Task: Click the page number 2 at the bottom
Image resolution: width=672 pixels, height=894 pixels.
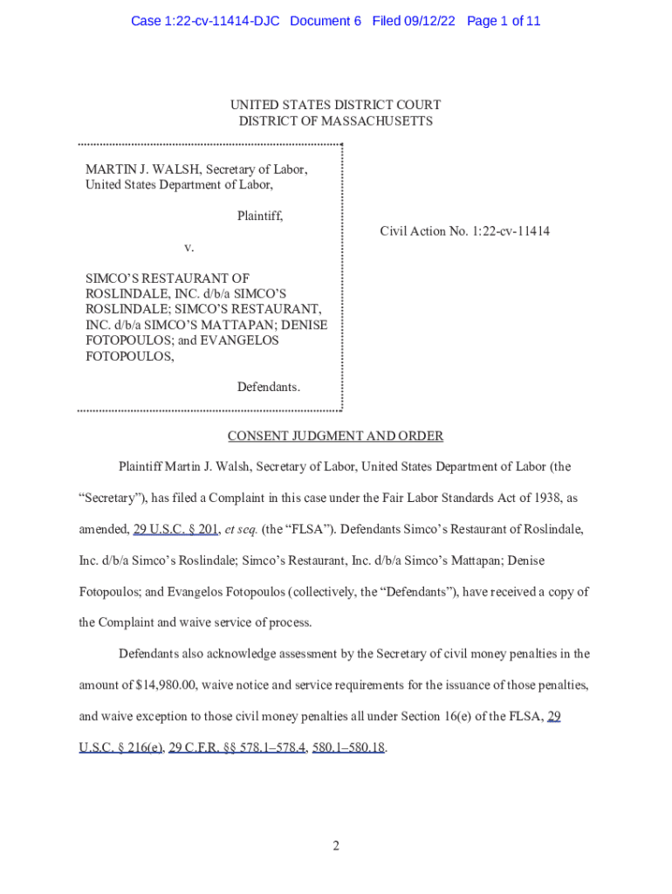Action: [335, 846]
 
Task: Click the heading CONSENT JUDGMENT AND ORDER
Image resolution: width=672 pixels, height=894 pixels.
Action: [335, 436]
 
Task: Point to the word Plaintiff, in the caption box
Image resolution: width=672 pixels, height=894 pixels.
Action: [260, 215]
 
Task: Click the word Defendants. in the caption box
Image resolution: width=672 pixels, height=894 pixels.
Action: [269, 386]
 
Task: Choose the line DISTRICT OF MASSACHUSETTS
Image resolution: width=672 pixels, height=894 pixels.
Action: [335, 121]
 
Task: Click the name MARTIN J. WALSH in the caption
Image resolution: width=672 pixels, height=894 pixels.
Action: [132, 169]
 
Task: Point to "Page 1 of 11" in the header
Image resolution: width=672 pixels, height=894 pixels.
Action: [504, 20]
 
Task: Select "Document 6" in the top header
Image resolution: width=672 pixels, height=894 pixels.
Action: [326, 20]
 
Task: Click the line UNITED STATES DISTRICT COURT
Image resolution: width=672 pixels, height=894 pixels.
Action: [335, 106]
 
